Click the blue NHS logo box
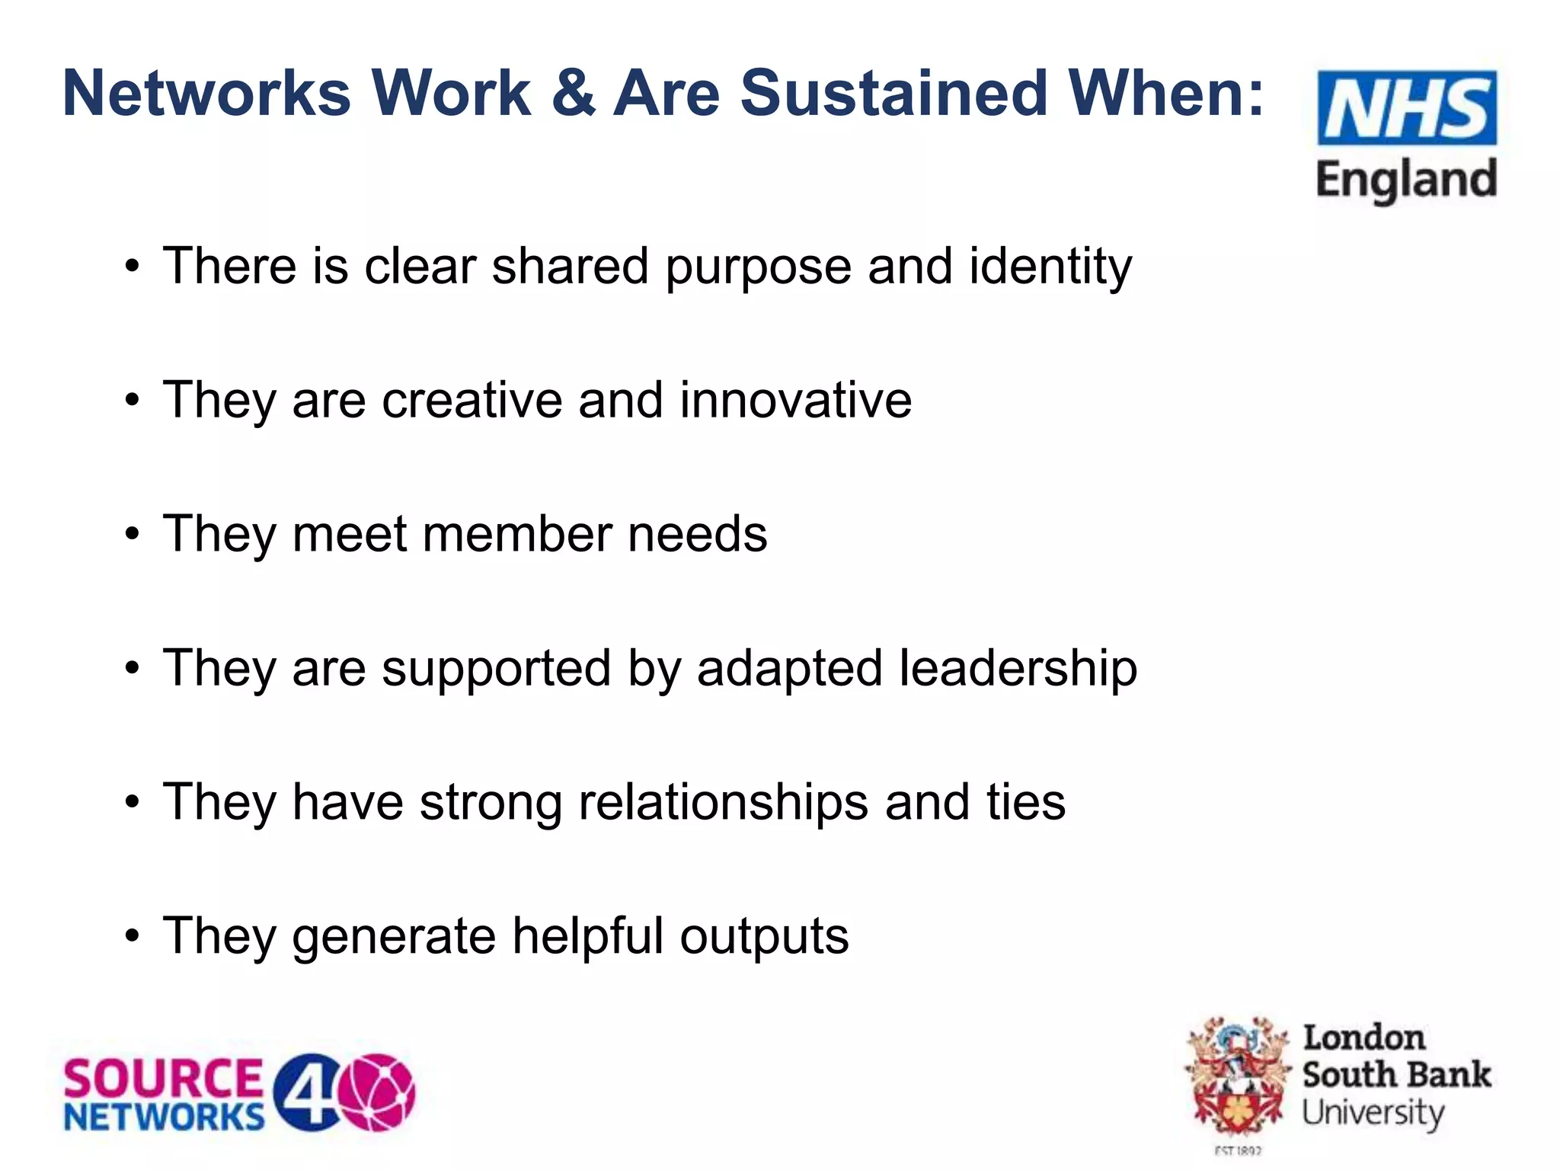click(1407, 107)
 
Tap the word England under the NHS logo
click(1406, 180)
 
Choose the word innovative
click(795, 400)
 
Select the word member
click(517, 534)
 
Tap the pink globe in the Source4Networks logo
click(378, 1092)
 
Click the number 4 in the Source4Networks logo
click(306, 1092)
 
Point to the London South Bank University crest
click(1237, 1079)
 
